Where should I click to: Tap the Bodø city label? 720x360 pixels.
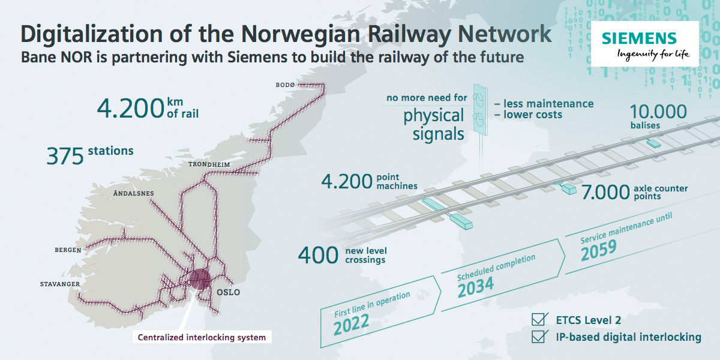[285, 85]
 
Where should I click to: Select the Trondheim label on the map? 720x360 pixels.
[209, 164]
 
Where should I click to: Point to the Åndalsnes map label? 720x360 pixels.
[133, 193]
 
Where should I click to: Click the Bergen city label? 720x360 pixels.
[68, 250]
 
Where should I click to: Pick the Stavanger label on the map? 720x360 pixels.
[60, 284]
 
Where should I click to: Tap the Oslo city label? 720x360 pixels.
[228, 292]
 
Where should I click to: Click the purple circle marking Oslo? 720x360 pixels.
[200, 280]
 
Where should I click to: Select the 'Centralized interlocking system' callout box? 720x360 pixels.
[202, 337]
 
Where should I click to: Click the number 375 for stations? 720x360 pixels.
[65, 157]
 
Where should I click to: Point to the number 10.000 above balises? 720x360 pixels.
[658, 112]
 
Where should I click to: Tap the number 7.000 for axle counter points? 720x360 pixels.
[605, 192]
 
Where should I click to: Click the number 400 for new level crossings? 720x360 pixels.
[318, 255]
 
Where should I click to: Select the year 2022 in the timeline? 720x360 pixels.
[351, 325]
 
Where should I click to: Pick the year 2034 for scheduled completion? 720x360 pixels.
[475, 287]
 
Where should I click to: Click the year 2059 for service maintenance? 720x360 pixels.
[599, 250]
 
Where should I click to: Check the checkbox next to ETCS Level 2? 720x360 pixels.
[538, 319]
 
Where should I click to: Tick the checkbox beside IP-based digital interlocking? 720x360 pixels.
[538, 336]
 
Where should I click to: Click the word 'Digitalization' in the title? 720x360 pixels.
[91, 34]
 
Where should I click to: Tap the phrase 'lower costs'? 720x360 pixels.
[533, 115]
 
